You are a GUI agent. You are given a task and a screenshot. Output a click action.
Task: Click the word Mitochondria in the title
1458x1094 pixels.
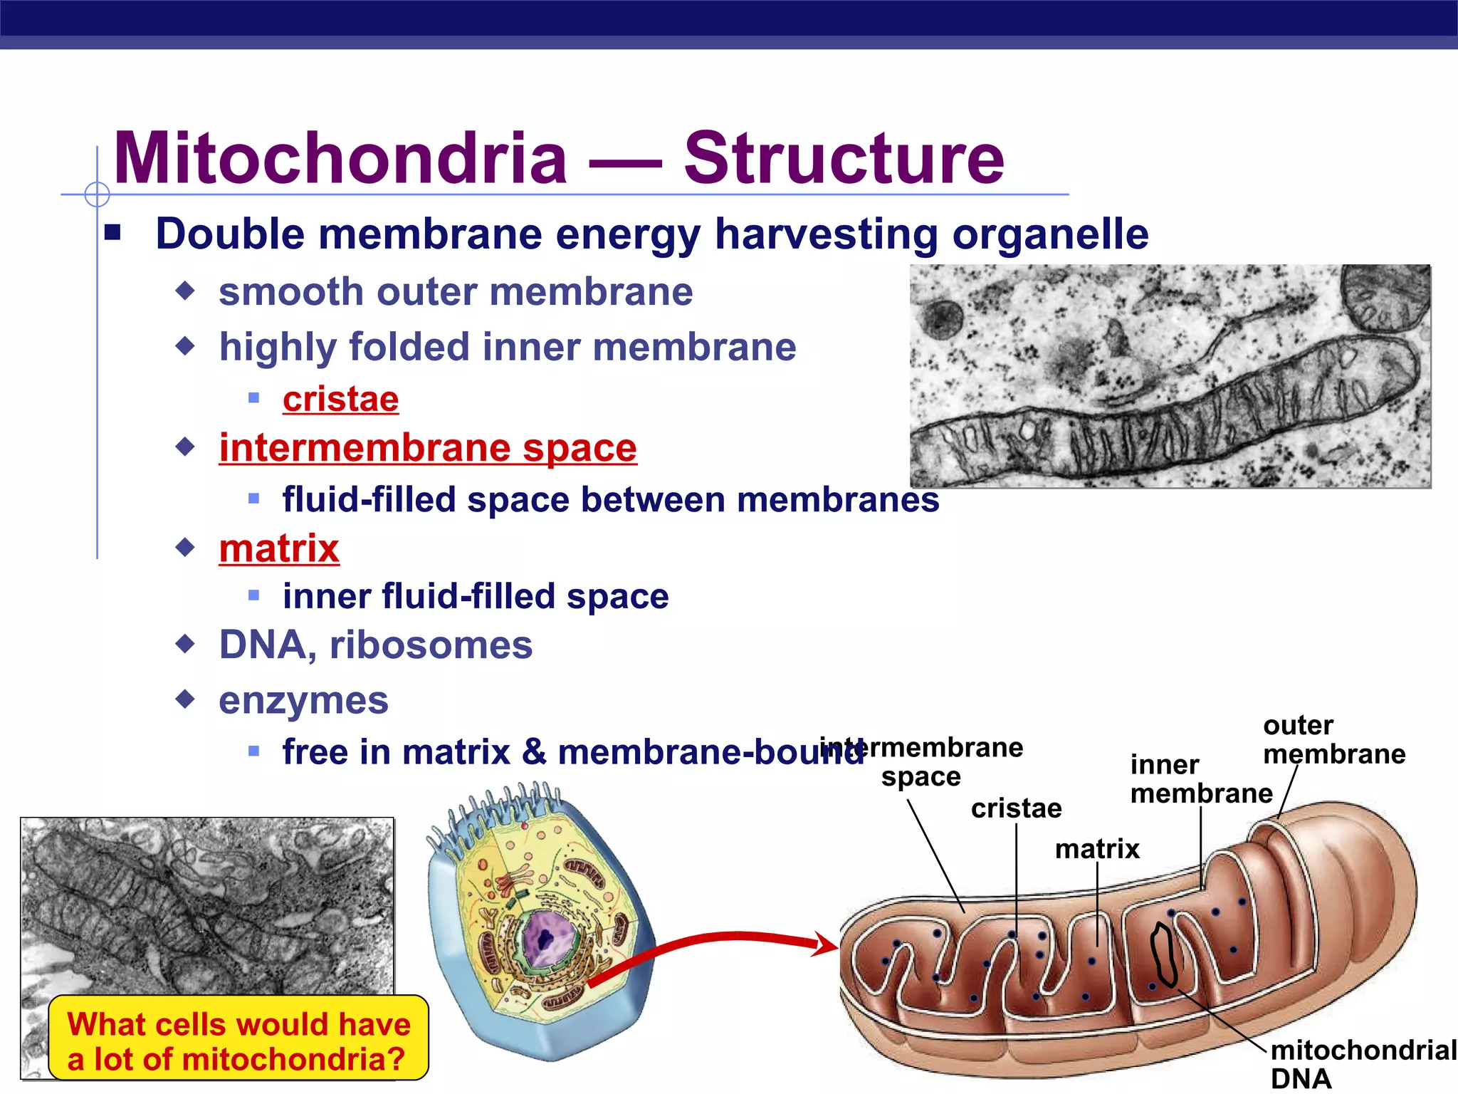click(340, 158)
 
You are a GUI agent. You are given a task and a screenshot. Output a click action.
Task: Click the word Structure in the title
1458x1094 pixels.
click(844, 158)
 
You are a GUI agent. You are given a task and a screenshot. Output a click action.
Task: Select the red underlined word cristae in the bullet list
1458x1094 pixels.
click(340, 399)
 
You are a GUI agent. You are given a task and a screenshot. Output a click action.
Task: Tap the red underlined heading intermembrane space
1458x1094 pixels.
click(428, 448)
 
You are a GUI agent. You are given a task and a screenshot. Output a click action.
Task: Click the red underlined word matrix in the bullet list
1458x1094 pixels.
click(279, 548)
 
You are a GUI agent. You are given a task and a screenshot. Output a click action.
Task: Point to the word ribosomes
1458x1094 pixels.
click(431, 645)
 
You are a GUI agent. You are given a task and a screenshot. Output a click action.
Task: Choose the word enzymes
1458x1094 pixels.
click(303, 700)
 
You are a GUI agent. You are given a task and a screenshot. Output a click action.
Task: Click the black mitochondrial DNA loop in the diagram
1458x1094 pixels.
click(1164, 954)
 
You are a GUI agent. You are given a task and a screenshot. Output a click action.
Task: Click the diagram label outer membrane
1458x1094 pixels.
click(1333, 739)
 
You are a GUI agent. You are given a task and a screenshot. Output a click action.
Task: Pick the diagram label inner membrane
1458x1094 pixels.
click(1200, 778)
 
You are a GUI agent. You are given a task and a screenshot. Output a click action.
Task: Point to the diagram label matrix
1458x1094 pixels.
click(1097, 849)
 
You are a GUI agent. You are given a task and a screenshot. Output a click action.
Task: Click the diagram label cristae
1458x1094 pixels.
click(1016, 808)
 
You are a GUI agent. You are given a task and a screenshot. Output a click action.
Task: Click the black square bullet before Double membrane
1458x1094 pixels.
click(112, 233)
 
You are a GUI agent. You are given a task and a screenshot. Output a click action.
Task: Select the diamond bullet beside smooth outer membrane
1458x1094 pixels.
click(186, 291)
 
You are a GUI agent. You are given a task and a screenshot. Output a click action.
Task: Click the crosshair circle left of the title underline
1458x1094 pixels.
click(97, 194)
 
